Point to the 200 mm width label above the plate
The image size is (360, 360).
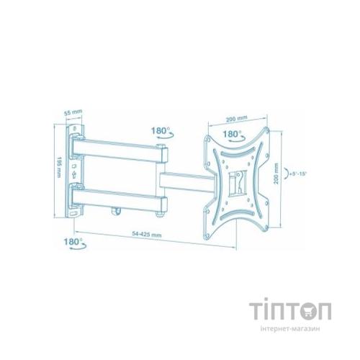click(236, 118)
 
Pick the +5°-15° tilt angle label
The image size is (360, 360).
click(295, 172)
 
